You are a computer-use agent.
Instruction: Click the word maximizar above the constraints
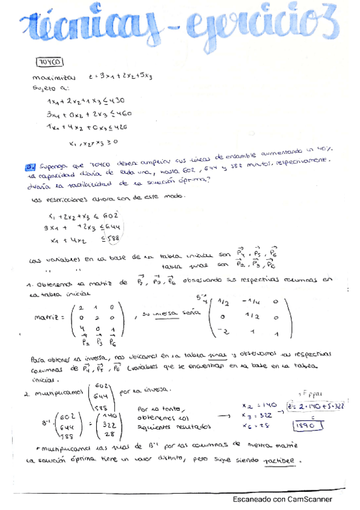point(55,78)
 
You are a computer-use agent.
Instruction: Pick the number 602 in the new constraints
point(111,216)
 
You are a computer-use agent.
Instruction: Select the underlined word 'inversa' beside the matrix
point(169,313)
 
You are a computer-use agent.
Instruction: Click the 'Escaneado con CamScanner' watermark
point(282,499)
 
